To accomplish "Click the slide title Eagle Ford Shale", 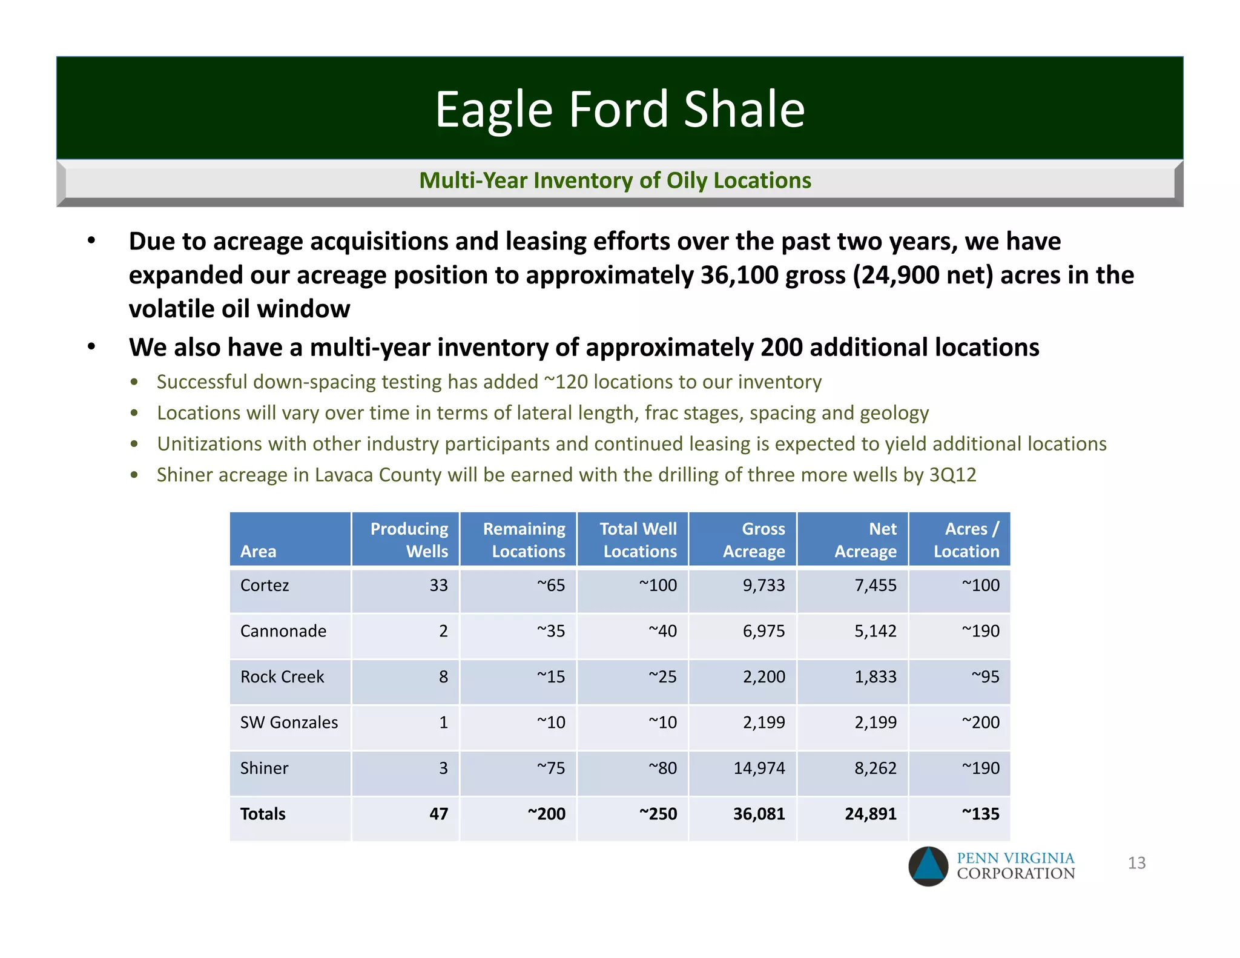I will [x=619, y=110].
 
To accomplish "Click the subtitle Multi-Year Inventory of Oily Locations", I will [x=615, y=180].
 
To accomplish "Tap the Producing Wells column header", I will [x=409, y=540].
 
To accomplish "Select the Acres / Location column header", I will [x=966, y=540].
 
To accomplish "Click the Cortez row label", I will [x=265, y=586].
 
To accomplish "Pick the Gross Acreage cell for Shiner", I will [x=759, y=768].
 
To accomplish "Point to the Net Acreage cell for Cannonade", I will [x=875, y=631].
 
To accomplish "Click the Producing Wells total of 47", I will [x=438, y=814].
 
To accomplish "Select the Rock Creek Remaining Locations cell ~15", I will [x=550, y=677].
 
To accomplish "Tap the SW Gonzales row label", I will [x=289, y=722].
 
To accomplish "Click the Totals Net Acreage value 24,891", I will [x=870, y=814].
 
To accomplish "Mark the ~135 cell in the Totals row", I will [x=980, y=814].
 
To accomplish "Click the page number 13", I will [x=1136, y=863].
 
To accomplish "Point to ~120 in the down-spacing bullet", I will [x=566, y=382].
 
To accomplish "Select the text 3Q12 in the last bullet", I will [x=952, y=475].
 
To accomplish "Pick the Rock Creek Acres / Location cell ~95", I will [x=985, y=677].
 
